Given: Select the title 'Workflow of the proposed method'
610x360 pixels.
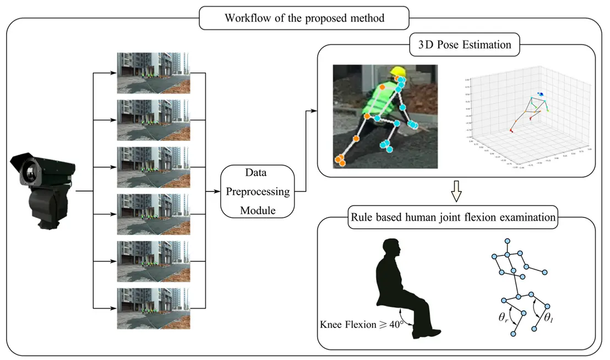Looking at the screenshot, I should click(x=304, y=18).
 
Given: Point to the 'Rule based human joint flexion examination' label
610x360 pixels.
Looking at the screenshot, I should click(x=453, y=217).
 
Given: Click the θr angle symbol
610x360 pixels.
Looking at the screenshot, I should click(x=503, y=317).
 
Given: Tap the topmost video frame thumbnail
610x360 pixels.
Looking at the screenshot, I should click(x=153, y=73).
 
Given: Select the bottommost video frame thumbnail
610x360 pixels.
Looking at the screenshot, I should click(x=153, y=308).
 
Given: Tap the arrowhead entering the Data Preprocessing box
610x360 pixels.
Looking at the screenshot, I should click(x=217, y=192).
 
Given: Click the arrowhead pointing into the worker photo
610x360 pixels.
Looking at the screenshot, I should click(x=315, y=111).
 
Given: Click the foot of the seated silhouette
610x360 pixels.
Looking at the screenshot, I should click(x=433, y=332).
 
